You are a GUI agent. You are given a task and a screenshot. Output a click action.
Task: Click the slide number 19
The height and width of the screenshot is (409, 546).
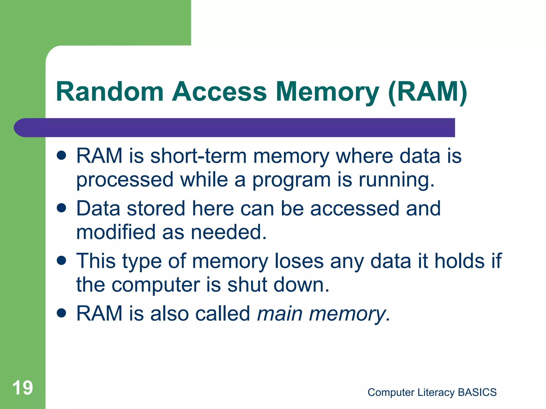23,388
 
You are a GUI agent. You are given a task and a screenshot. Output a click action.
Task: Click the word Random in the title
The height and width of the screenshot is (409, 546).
110,92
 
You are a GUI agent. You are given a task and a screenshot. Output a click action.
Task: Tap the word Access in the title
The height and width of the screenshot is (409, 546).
219,92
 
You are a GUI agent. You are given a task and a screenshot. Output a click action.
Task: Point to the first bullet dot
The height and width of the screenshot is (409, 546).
62,156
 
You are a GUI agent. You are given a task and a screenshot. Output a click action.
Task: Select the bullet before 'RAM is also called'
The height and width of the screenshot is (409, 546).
62,313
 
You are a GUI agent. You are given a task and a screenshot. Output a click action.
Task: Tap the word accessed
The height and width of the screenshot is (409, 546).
355,208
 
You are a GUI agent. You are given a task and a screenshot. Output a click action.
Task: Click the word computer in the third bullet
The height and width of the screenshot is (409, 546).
156,285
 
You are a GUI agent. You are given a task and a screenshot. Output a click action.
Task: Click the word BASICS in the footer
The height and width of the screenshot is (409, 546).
477,392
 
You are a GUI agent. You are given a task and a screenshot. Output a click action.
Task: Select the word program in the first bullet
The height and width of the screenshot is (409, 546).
291,180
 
